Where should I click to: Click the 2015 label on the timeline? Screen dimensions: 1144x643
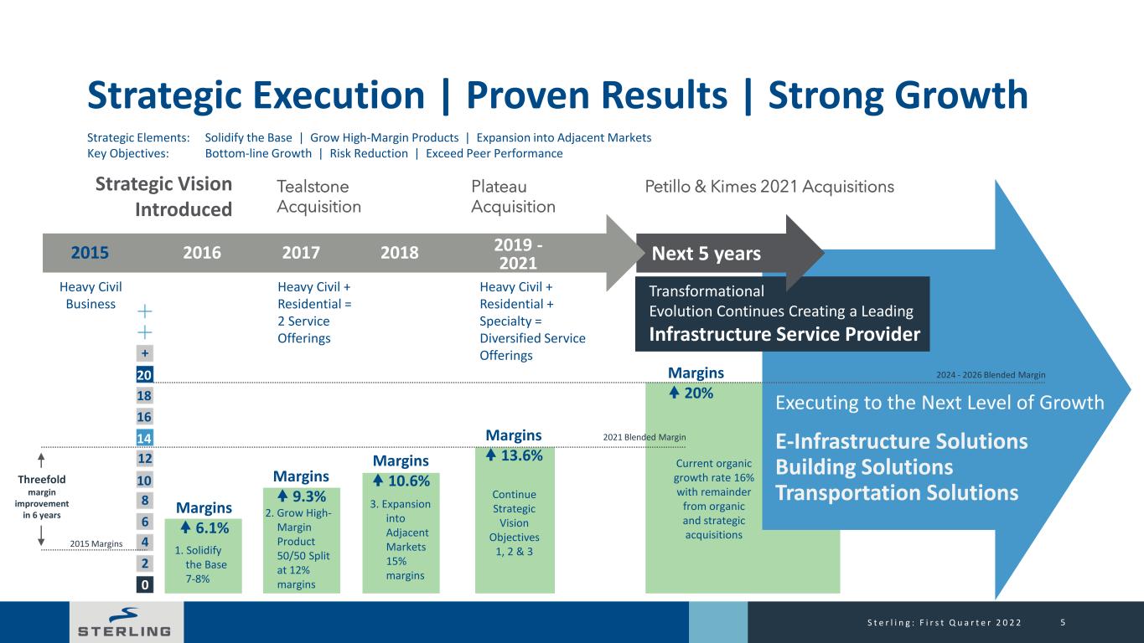click(90, 253)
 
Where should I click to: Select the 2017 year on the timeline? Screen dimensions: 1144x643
click(301, 253)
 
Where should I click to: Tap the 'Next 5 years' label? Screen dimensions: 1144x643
click(707, 254)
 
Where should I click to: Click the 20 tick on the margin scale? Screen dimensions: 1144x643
click(144, 375)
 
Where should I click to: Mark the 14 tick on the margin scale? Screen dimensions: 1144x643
click(144, 438)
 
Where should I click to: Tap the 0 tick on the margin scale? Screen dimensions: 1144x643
click(144, 584)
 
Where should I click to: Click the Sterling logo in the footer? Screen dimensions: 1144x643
click(125, 622)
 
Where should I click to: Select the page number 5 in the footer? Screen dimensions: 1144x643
click(1064, 622)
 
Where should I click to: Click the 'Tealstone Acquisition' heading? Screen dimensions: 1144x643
click(319, 197)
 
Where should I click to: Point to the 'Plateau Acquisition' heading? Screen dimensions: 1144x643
click(513, 197)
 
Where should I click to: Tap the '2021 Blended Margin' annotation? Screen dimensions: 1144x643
click(644, 437)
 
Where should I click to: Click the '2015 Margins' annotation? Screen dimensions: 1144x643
click(96, 544)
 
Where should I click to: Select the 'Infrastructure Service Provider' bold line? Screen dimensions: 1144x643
click(784, 334)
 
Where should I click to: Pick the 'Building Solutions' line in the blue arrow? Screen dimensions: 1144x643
click(864, 467)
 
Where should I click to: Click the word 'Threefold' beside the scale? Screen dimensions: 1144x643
click(42, 480)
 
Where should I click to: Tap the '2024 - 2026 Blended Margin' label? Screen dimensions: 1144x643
click(991, 375)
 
